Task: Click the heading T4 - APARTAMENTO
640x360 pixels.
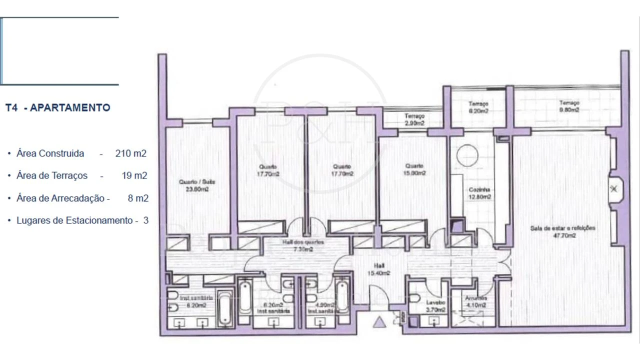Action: [x=57, y=107]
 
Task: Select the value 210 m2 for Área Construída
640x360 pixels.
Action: [x=130, y=153]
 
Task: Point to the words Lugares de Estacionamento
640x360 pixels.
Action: [x=74, y=220]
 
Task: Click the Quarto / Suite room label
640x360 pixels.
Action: [x=194, y=185]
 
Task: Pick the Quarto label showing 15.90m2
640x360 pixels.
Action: [x=414, y=169]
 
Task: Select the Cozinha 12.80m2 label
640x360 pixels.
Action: [x=479, y=193]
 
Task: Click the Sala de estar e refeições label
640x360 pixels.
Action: [x=563, y=231]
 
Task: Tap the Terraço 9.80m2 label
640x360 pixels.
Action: [x=569, y=106]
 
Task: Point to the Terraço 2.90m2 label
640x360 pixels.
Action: [x=414, y=119]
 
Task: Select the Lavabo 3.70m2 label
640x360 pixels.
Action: [x=432, y=305]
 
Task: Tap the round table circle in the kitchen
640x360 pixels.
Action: [x=467, y=154]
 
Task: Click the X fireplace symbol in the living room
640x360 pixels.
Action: [x=613, y=189]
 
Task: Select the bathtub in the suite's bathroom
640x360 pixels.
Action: [x=225, y=308]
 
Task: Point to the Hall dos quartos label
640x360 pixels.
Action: [x=303, y=245]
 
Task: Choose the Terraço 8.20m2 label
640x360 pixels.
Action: [x=478, y=107]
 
